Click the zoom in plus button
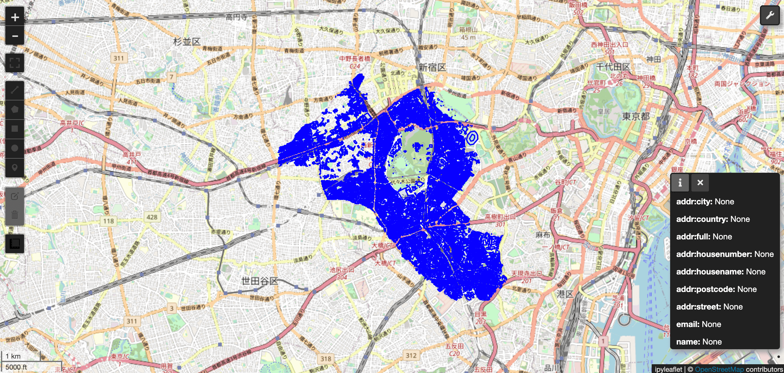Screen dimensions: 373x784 (x=15, y=17)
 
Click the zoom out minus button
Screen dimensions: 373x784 (x=15, y=36)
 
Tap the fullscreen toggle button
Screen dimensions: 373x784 (x=15, y=63)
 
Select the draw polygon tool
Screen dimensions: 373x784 (x=15, y=110)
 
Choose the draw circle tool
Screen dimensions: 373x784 (x=15, y=148)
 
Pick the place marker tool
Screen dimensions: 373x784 (x=15, y=167)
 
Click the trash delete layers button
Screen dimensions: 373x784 (x=15, y=215)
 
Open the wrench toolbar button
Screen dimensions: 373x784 (x=770, y=15)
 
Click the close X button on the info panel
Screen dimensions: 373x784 (x=700, y=182)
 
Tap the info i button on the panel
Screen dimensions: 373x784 (x=680, y=182)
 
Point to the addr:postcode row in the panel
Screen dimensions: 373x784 (x=716, y=289)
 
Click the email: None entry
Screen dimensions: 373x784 (x=699, y=324)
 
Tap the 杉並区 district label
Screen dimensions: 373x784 (x=187, y=42)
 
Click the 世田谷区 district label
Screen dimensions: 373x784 (x=259, y=281)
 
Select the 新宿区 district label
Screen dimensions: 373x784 (x=432, y=67)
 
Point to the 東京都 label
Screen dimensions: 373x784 (x=636, y=116)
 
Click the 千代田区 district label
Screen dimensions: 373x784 (x=613, y=67)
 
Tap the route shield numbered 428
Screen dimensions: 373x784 (x=152, y=217)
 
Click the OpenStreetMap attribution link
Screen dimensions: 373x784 (x=719, y=369)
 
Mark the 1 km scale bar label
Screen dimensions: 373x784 (x=13, y=356)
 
